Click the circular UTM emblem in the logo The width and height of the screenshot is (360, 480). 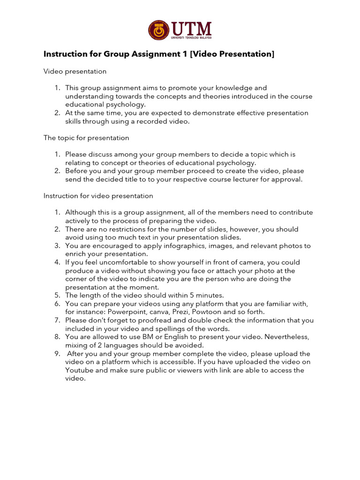coord(158,30)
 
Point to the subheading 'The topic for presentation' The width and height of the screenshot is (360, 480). coord(86,138)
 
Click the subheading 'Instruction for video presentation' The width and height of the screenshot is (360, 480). coord(98,195)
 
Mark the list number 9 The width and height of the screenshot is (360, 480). coord(57,353)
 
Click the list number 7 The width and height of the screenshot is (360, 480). coord(57,320)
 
